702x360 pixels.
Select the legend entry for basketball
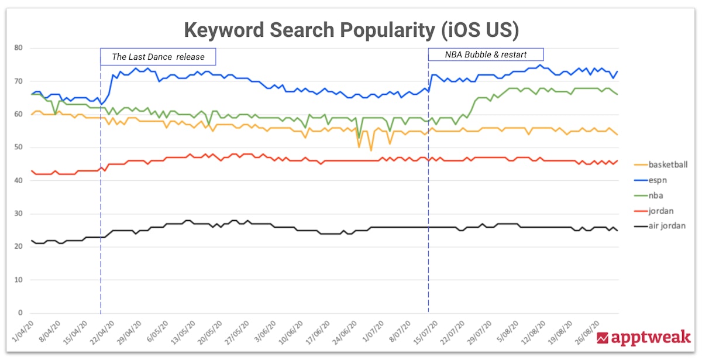point(667,165)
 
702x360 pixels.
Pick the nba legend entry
point(658,196)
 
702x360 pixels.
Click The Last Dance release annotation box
point(158,57)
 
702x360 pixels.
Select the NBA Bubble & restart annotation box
point(486,54)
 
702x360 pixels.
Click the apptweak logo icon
point(603,338)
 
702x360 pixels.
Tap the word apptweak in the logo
point(651,338)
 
